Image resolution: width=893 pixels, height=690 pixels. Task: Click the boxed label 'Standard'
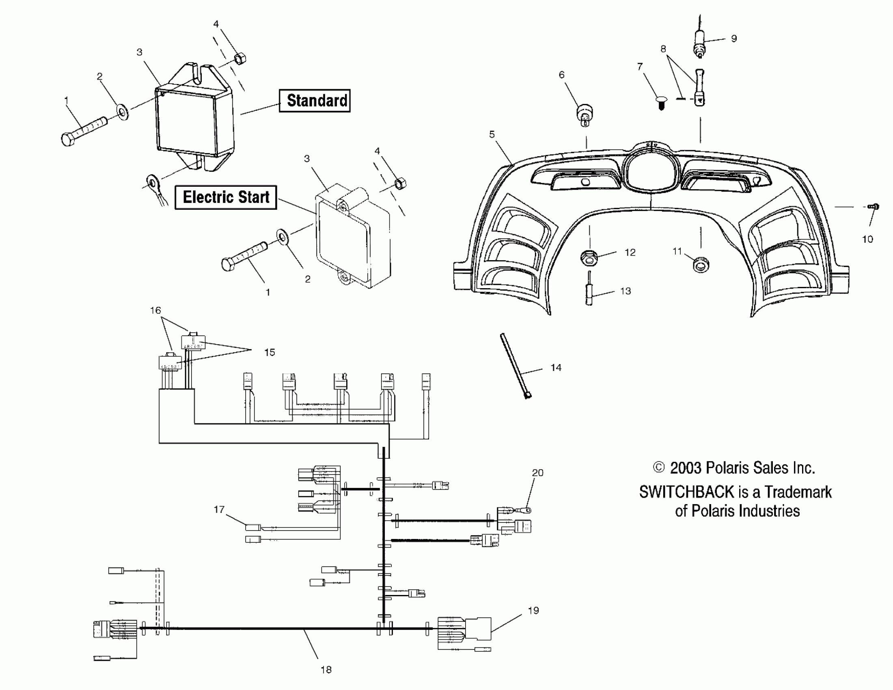click(x=315, y=101)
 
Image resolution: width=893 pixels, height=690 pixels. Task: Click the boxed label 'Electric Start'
click(x=226, y=197)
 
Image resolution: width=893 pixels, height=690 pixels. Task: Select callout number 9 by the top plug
click(x=734, y=39)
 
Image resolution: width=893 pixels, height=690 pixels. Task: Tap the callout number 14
click(x=556, y=367)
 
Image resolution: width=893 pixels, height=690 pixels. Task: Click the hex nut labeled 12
click(x=589, y=257)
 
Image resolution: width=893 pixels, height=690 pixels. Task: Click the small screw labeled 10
click(x=874, y=207)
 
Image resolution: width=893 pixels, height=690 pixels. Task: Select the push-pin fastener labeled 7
click(x=661, y=102)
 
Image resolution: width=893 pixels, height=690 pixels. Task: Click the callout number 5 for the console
click(x=492, y=134)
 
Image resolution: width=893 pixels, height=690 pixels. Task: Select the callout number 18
click(x=326, y=670)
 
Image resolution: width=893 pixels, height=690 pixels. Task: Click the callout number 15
click(x=270, y=352)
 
